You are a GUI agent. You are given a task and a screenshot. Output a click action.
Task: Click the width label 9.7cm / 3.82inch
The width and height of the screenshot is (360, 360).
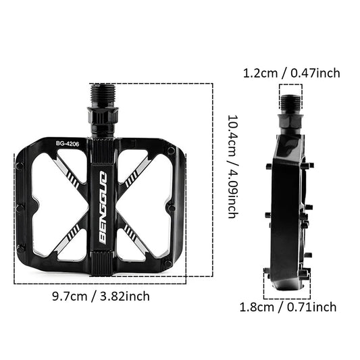coord(101,295)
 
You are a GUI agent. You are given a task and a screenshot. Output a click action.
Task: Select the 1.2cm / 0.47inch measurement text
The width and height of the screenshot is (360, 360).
coord(291,73)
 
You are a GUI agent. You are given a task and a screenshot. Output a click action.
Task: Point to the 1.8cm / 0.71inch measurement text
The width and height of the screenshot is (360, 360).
coord(288,307)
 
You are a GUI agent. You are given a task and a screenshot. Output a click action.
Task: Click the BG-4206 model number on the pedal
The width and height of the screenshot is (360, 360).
coord(68,144)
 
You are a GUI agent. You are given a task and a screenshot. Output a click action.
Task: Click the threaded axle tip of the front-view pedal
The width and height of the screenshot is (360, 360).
coord(101,95)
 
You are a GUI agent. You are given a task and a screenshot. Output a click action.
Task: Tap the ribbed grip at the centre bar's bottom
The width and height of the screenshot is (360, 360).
coord(101,260)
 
